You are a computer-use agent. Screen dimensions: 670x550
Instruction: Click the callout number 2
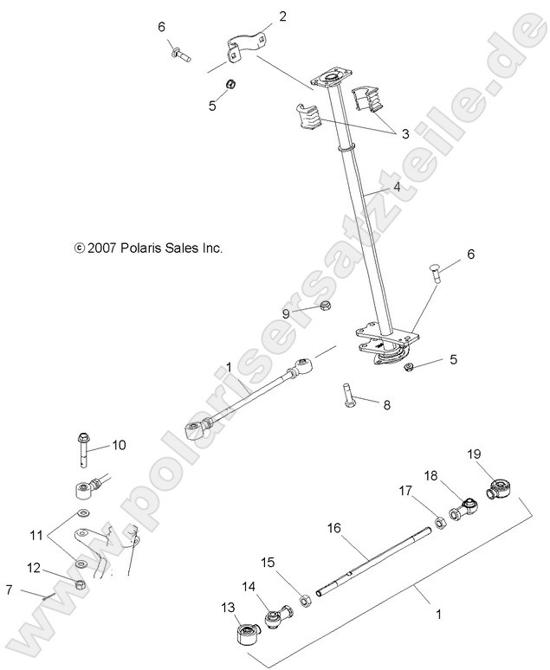[x=258, y=16]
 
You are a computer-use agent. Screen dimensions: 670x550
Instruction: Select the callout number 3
[x=405, y=134]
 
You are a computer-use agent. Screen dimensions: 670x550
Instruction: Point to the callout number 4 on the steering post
[x=396, y=187]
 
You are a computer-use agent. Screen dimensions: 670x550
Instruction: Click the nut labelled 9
[x=322, y=306]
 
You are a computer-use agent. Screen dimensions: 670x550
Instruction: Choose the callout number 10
[x=118, y=445]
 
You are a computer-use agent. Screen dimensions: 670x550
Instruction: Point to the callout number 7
[x=9, y=590]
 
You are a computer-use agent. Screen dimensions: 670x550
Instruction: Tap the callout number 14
[x=249, y=586]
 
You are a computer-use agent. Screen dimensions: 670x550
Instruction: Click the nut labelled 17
[x=440, y=523]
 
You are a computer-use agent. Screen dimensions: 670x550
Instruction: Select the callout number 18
[x=430, y=475]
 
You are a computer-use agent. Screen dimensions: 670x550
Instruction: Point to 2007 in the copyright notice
[x=101, y=248]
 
